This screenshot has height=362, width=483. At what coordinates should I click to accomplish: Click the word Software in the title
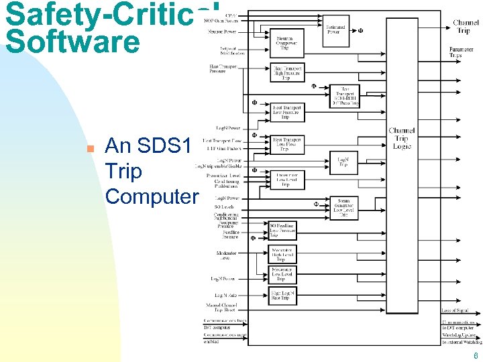(72, 42)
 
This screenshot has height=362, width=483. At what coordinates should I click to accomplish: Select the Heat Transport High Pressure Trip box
(288, 72)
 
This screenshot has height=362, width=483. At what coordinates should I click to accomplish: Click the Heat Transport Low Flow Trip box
(288, 144)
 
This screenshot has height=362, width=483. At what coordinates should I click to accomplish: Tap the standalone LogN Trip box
(343, 162)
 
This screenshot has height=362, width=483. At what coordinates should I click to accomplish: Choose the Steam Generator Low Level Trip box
(343, 208)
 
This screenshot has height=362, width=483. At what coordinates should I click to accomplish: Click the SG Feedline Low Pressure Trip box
(282, 231)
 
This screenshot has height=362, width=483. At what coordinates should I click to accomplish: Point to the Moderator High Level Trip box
(282, 254)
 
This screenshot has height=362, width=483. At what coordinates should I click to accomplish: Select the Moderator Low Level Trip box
(282, 274)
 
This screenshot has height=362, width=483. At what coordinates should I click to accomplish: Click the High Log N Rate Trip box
(282, 295)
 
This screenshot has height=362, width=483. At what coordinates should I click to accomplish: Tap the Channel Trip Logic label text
(401, 138)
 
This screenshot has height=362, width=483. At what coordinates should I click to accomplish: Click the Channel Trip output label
(466, 27)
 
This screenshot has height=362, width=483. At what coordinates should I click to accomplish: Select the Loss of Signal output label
(455, 311)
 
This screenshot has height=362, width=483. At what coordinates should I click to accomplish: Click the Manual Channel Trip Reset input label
(221, 308)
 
